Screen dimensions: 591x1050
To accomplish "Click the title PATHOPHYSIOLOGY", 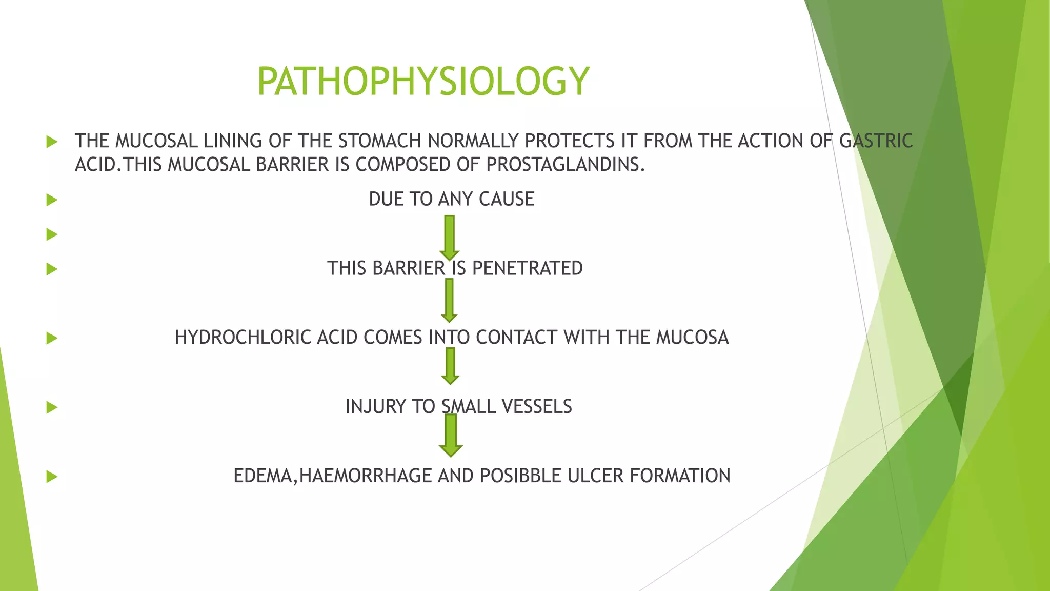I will pos(423,81).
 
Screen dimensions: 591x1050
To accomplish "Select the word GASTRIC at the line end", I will pos(876,141).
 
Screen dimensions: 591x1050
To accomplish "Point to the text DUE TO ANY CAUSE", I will pos(451,199).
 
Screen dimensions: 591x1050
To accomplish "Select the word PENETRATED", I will pos(527,268).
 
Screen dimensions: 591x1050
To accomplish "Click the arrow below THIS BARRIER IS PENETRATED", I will pos(449,300).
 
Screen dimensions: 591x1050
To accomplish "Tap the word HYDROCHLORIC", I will pos(243,338).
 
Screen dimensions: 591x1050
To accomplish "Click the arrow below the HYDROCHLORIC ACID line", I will pos(450,366).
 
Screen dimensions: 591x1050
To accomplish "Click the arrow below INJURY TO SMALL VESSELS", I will pos(451,436).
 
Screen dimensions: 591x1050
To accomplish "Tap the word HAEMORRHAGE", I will pos(366,476).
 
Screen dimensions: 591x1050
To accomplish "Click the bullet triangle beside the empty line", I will pos(52,234).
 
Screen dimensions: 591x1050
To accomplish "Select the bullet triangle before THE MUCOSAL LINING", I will pos(52,141).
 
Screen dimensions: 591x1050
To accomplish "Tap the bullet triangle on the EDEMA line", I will pos(52,477).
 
